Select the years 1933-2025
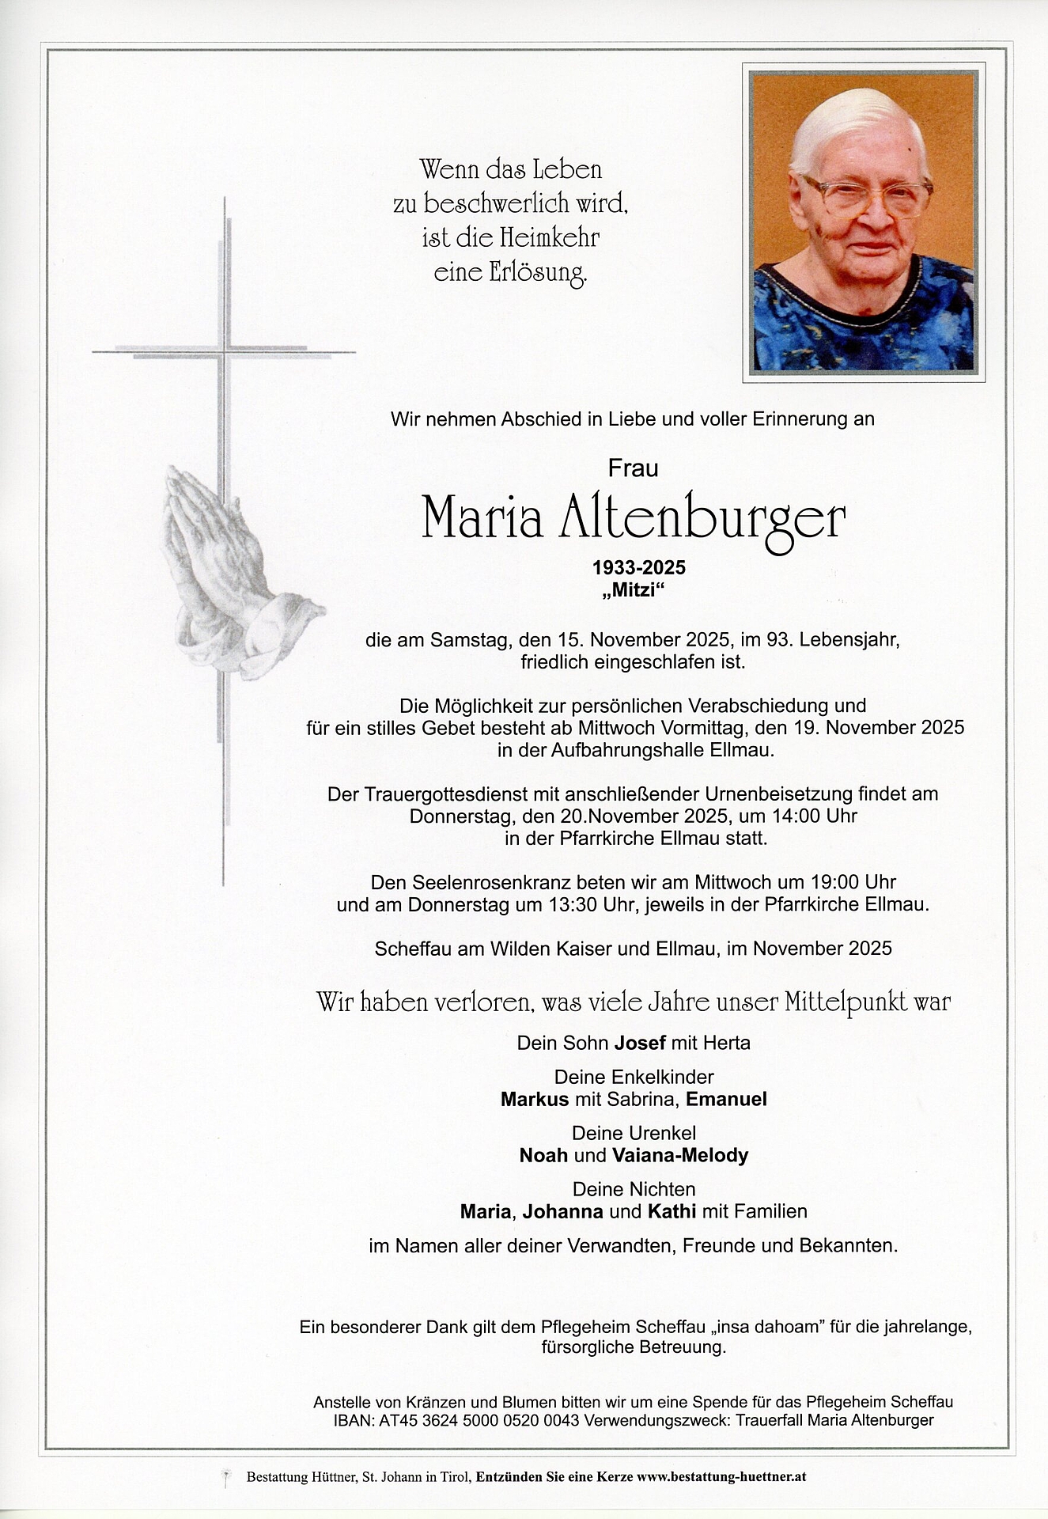coord(639,567)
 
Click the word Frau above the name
coord(633,469)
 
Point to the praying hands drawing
coord(229,570)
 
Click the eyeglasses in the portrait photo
coord(867,195)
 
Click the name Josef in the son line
coord(640,1043)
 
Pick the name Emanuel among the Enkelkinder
coord(726,1099)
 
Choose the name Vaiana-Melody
coord(679,1155)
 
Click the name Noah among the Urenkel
coord(543,1155)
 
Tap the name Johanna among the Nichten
coord(563,1211)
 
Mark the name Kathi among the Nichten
coord(672,1211)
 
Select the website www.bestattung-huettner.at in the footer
coord(721,1476)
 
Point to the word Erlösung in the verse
coord(539,273)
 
